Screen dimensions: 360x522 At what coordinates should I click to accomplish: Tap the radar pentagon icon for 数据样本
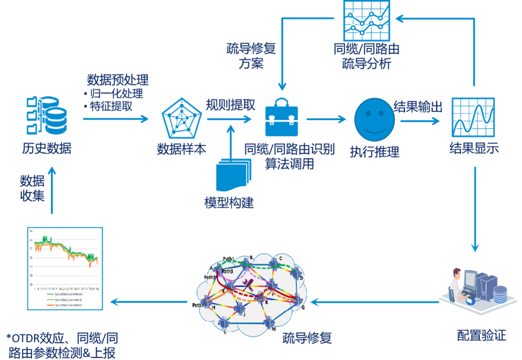click(181, 118)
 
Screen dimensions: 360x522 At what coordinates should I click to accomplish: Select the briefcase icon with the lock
click(281, 117)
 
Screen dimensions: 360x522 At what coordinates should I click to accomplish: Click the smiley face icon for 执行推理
click(374, 120)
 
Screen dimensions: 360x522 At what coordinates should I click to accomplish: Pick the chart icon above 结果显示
click(473, 118)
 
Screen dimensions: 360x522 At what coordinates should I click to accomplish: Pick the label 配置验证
click(481, 335)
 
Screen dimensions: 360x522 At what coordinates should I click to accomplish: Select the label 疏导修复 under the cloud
click(307, 338)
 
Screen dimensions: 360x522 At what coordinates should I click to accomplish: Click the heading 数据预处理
click(118, 80)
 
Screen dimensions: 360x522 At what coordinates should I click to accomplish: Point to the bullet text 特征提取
click(111, 106)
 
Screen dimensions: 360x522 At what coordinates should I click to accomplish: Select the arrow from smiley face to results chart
click(419, 120)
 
